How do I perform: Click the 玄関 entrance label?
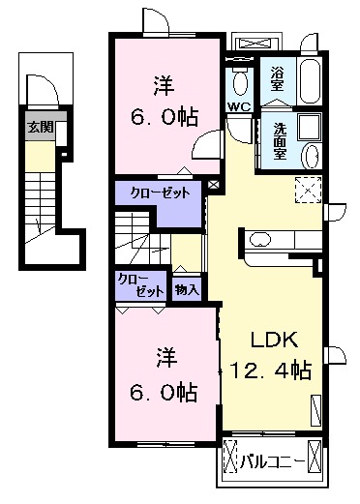[40, 127]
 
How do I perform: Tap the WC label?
[239, 106]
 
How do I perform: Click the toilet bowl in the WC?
[238, 78]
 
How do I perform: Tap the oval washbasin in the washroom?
[311, 158]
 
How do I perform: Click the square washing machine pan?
[309, 129]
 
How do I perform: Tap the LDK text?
[275, 341]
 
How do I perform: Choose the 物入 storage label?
[187, 287]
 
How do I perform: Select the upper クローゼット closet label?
[159, 193]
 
